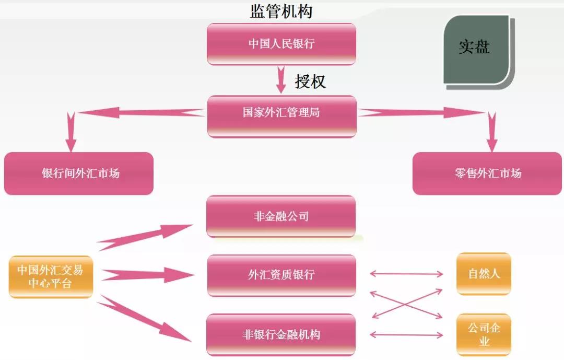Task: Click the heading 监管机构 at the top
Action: (281, 11)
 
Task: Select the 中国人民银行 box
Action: (281, 44)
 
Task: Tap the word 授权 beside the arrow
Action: (310, 81)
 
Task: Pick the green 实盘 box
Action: (476, 49)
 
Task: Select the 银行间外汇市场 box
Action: (79, 173)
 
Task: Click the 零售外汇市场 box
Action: (487, 173)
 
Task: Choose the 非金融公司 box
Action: (281, 216)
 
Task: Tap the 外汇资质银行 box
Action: (281, 275)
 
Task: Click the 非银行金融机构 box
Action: (281, 334)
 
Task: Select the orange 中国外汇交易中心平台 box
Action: (51, 277)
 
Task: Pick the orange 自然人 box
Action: (484, 273)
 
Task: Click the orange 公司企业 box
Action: (484, 334)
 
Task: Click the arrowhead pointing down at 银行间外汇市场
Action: (71, 143)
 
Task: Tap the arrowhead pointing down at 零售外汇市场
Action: (491, 143)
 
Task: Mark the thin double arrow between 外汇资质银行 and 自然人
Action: (406, 273)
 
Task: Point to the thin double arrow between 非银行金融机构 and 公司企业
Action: (406, 334)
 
